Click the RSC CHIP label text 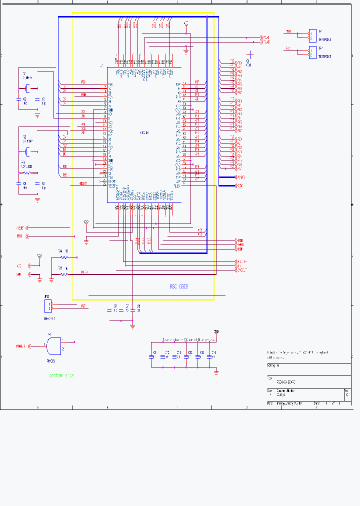coord(178,287)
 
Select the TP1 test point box coord(312,34)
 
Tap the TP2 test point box coord(312,51)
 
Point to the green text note coord(61,375)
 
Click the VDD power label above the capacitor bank coord(216,331)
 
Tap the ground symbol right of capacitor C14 coord(216,371)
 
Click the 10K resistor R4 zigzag coord(63,257)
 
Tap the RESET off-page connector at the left coord(20,227)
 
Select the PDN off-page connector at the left coord(20,235)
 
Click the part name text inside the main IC coord(144,132)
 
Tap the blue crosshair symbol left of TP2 coord(250,54)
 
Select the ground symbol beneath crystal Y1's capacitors coord(37,115)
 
